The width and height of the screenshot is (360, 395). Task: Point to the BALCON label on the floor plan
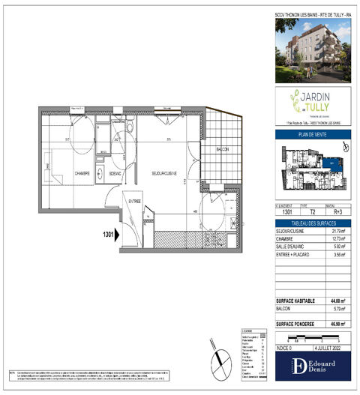tap(221, 149)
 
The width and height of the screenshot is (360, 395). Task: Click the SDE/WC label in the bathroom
tap(115, 174)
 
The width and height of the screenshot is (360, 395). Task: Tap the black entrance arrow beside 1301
tap(118, 233)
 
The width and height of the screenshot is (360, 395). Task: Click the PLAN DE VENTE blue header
tap(311, 136)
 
